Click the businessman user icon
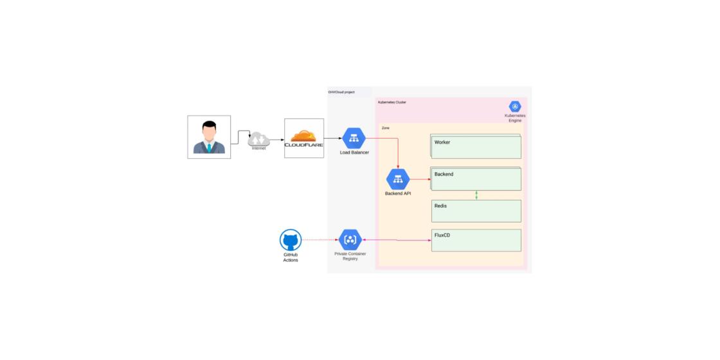[209, 137]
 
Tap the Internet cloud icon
[258, 138]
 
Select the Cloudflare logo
[303, 138]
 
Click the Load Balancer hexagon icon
[354, 138]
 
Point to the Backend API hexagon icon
[398, 179]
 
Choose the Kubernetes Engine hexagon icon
[515, 107]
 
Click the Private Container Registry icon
[350, 240]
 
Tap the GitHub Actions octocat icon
[291, 241]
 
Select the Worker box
[476, 147]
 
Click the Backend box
[476, 179]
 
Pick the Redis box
[476, 211]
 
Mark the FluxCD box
[476, 240]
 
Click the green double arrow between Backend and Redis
[476, 195]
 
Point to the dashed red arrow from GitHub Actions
[320, 240]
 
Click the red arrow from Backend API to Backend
[420, 179]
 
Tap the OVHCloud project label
[341, 93]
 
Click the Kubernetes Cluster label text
[392, 102]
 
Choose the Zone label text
[386, 128]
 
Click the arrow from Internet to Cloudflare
[276, 138]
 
